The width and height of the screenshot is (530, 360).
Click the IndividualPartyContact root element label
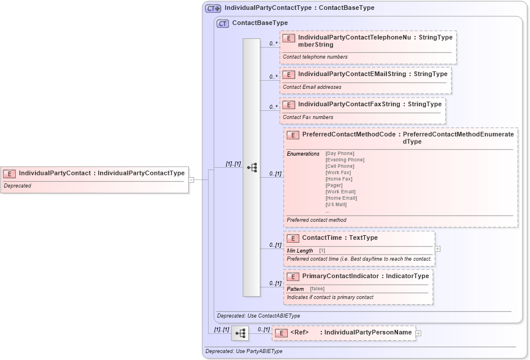[55, 172]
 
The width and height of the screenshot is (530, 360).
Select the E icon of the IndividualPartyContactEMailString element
[289, 74]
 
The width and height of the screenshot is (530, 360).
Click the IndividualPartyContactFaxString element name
[349, 105]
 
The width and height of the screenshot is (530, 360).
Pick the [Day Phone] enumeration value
[340, 153]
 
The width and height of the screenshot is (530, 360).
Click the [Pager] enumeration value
[334, 185]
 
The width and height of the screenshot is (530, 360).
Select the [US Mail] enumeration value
[337, 204]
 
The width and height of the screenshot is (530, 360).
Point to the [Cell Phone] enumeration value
[340, 166]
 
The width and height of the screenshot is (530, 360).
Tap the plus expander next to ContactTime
[438, 249]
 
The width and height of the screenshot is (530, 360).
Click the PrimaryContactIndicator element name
[340, 276]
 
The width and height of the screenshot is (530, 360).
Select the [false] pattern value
[317, 289]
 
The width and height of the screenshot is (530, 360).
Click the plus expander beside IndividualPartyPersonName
[418, 333]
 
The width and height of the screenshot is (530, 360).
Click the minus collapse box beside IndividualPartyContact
[191, 179]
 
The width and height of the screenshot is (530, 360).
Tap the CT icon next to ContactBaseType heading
[223, 24]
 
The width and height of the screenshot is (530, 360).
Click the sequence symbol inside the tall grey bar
[252, 167]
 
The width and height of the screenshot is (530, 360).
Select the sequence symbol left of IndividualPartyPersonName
[240, 333]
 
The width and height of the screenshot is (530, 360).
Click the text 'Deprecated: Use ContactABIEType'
[259, 316]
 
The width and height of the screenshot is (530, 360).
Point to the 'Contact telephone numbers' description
[315, 57]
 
